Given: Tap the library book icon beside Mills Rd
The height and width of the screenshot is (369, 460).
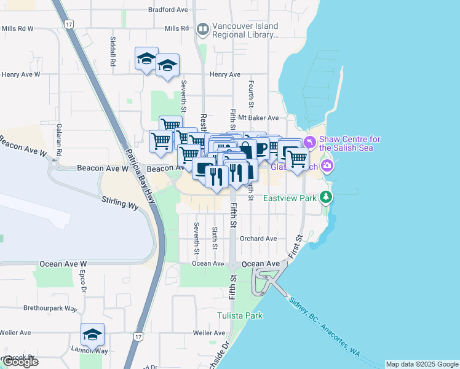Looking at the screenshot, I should pyautogui.click(x=202, y=28).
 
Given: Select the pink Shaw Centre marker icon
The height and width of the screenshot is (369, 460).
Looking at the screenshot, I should pyautogui.click(x=310, y=142).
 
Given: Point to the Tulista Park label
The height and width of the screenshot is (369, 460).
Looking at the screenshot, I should pyautogui.click(x=240, y=315).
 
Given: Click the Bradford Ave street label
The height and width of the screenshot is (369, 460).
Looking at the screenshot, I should pyautogui.click(x=168, y=10).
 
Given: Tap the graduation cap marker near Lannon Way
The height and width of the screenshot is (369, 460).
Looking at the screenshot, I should pyautogui.click(x=92, y=334).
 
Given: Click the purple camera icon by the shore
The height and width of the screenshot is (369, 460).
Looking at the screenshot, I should pyautogui.click(x=328, y=165).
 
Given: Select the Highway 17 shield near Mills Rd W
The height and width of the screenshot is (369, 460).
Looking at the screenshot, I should pyautogui.click(x=69, y=24).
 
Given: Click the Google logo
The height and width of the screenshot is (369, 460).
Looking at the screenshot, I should pyautogui.click(x=20, y=362).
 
